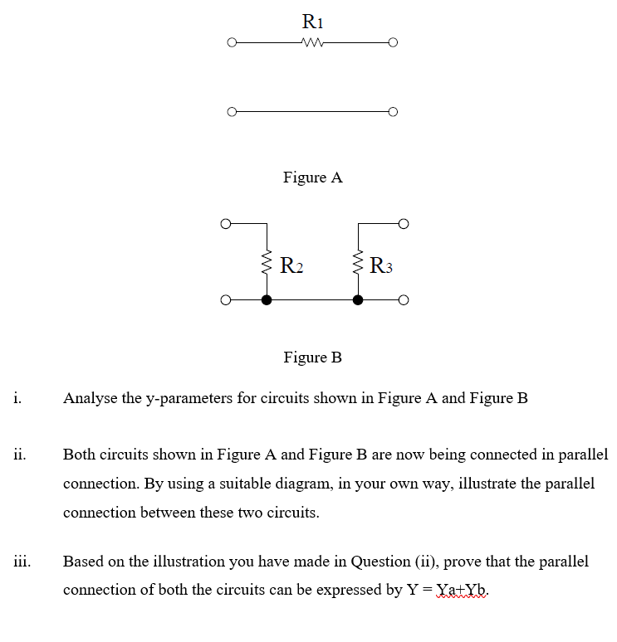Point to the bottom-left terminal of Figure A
point(233,111)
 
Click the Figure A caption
point(312,178)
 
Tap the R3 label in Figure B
point(380,266)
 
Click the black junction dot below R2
point(267,299)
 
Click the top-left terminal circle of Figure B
point(224,223)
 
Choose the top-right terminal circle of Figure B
point(403,223)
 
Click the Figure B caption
point(312,357)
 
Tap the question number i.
point(17,397)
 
